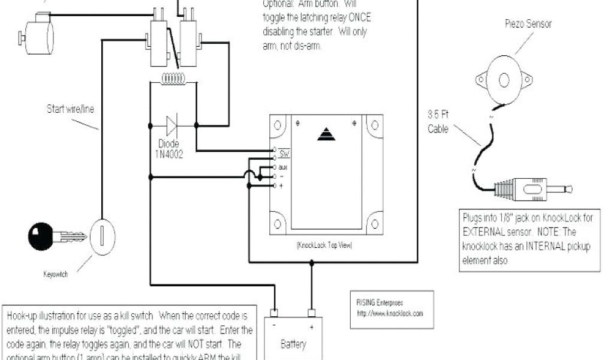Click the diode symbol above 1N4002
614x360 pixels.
tap(172, 125)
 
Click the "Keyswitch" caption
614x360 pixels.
tap(55, 274)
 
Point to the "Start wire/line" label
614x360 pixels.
tap(70, 109)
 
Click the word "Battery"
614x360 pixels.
tap(293, 344)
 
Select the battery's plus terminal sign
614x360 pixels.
tap(312, 328)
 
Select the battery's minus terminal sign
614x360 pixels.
tap(273, 328)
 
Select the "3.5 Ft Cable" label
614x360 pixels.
tap(438, 121)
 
